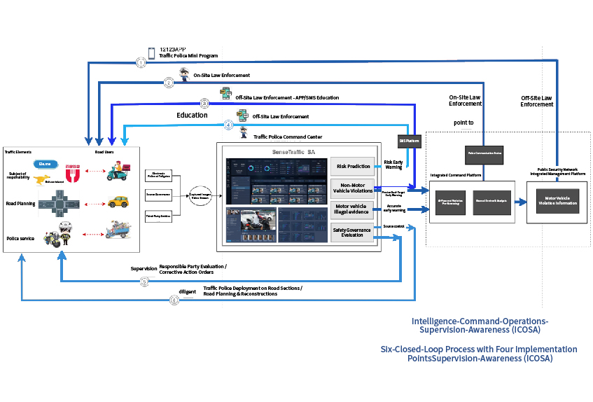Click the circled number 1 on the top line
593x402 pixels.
(141, 62)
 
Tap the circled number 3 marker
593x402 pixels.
(204, 102)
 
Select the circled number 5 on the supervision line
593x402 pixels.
(145, 282)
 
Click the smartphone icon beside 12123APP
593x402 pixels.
(151, 53)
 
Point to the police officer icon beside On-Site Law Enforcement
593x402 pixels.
(184, 75)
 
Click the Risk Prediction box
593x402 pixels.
(353, 167)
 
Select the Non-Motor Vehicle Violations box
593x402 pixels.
(353, 188)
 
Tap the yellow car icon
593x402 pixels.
(118, 202)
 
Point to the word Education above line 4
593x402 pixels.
(191, 114)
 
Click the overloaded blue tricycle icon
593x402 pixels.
(117, 230)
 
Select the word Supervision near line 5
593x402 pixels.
(144, 268)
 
